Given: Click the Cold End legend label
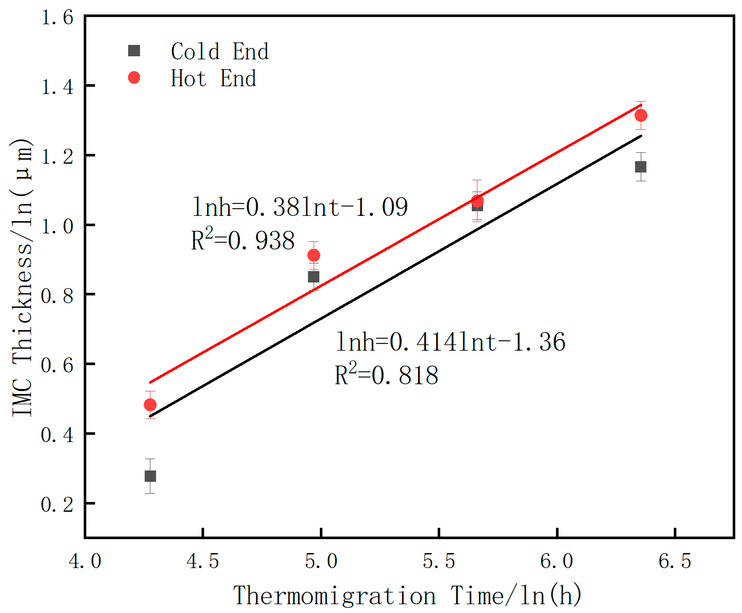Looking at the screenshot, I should coord(220,52).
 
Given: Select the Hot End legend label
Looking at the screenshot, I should coord(213,78).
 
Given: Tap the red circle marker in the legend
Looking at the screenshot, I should coord(134,77).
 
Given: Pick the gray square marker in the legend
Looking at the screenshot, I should coord(134,51).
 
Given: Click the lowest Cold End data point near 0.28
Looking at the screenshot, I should coord(150,476).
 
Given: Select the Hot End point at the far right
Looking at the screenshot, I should coord(641,115).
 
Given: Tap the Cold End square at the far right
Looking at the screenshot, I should coord(641,167).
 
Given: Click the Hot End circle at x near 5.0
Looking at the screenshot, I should coord(314,255).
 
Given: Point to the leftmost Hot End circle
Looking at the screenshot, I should coord(150,404).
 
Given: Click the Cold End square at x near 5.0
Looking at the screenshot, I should coord(314,277).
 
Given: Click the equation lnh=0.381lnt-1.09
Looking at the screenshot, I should coord(300,207).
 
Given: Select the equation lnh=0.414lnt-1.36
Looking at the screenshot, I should coord(451,342).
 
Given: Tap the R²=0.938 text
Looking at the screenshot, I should coord(243,240).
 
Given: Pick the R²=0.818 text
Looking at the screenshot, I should coord(387,375).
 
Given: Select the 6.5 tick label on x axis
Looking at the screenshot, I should coord(675,561).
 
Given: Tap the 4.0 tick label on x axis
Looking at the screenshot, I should coord(85,561).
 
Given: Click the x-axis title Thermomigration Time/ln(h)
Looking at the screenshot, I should coord(408,596).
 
